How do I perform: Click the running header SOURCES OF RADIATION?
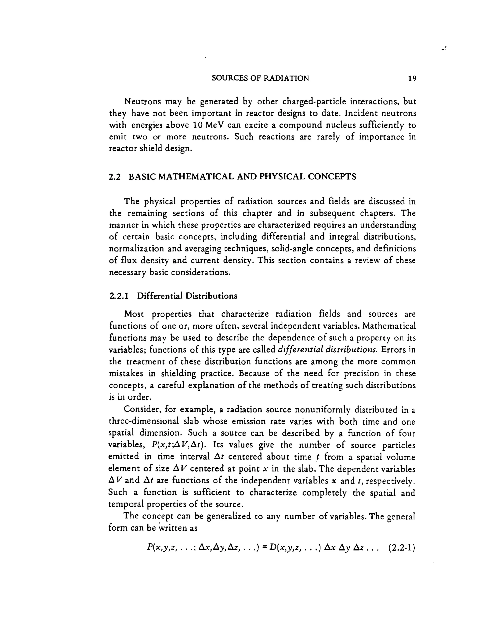tap(260, 78)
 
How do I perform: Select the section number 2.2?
tap(115, 177)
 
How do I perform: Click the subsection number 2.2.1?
tap(119, 296)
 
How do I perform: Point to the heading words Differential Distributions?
tap(187, 296)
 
